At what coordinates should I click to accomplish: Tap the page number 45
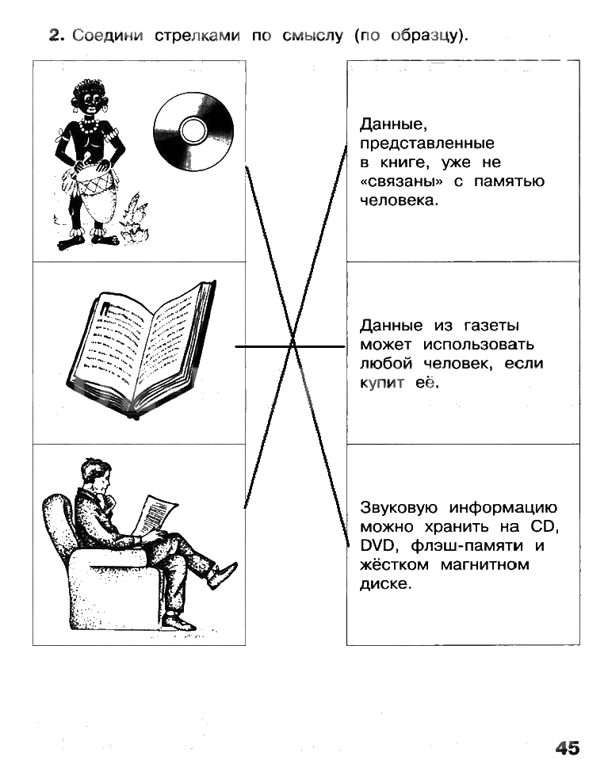tap(568, 748)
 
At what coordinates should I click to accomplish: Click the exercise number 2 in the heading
tap(55, 36)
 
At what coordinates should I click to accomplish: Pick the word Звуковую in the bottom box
tap(400, 507)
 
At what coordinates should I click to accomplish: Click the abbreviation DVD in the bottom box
tap(375, 545)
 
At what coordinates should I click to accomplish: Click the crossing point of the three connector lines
tap(293, 346)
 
